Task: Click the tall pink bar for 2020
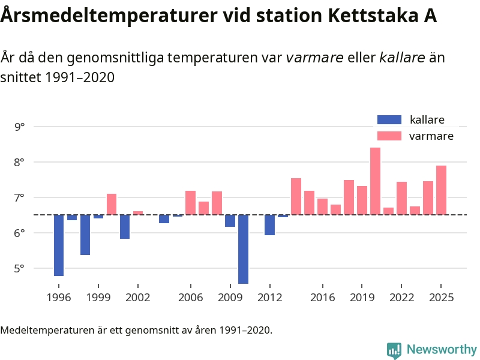tap(375, 181)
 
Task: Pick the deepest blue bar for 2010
tap(243, 248)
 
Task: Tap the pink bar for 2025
tap(441, 190)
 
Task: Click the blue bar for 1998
tap(85, 235)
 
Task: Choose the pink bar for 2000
tap(112, 204)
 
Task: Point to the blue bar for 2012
tap(269, 225)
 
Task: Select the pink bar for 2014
tap(296, 196)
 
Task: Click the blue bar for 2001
tap(125, 227)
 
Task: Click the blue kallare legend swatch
tap(389, 120)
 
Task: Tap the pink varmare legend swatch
tap(389, 136)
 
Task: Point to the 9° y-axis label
tap(20, 127)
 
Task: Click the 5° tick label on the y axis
tap(20, 268)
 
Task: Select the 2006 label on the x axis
tap(190, 298)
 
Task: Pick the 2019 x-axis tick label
tap(362, 298)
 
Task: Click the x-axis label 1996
tap(59, 298)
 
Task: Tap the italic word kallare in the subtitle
tap(402, 58)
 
